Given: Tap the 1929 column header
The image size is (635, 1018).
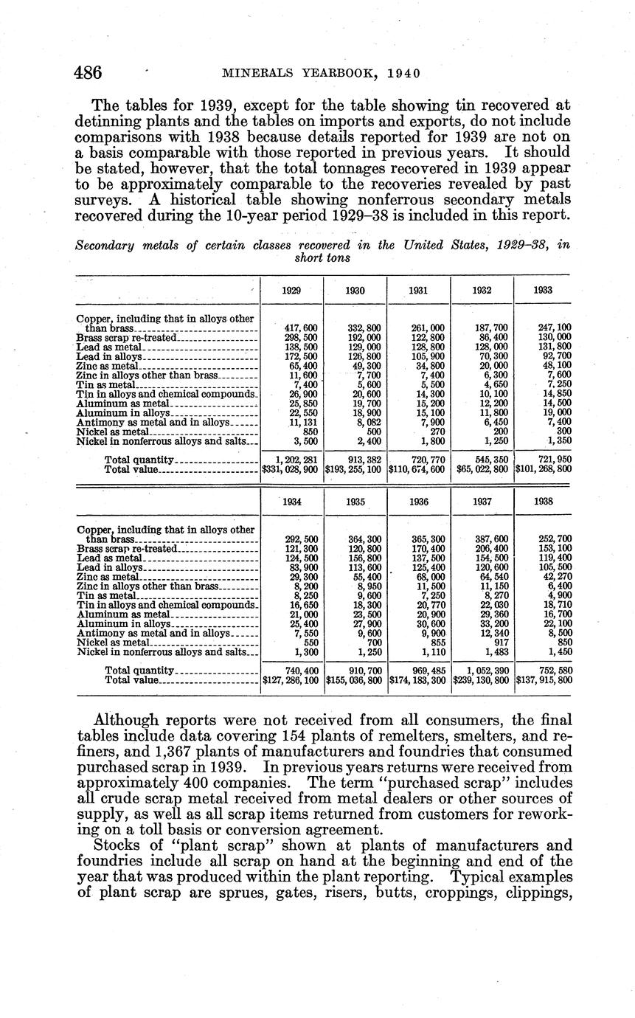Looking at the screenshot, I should pos(291,291).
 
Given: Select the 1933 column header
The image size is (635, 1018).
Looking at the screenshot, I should pos(544,291).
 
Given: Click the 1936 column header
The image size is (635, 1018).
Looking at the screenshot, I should pos(418,502).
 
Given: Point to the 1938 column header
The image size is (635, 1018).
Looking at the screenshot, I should pos(544,502).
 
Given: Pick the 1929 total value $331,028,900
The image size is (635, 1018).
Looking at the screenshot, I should pos(291,468).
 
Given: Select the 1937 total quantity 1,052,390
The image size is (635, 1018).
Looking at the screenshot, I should pos(482,671).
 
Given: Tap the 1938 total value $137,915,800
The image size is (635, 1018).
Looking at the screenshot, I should pos(544,679).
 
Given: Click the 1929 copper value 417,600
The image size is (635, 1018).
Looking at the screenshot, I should pos(301,328).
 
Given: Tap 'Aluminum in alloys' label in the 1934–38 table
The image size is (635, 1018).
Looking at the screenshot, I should pos(123,623).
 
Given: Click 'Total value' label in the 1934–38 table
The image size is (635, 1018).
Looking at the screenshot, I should pos(132,679).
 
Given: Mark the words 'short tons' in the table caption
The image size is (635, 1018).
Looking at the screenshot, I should pos(322,257).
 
